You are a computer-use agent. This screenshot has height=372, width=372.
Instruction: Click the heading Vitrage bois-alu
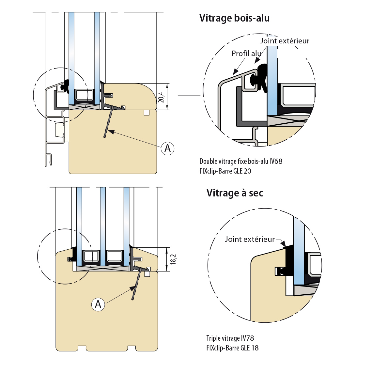click(234, 18)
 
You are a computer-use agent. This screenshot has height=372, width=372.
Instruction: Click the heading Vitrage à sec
click(235, 193)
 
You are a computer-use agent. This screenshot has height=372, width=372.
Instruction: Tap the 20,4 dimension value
click(162, 97)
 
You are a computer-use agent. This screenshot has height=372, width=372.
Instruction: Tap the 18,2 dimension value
click(173, 259)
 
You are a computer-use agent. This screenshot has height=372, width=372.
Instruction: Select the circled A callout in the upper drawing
click(167, 148)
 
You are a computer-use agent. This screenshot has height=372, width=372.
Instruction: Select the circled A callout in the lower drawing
click(98, 304)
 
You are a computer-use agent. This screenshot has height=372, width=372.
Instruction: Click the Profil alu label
click(246, 54)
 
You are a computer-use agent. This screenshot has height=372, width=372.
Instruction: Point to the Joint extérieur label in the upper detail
click(285, 41)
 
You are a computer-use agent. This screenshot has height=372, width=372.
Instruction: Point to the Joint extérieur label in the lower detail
click(250, 239)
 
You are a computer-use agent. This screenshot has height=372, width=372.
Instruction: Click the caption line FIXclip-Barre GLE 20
click(225, 171)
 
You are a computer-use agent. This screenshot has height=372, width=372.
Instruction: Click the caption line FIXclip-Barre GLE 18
click(232, 348)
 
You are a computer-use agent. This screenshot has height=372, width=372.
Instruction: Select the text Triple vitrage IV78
click(230, 338)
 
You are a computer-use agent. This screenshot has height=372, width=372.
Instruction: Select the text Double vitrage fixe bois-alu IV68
click(241, 161)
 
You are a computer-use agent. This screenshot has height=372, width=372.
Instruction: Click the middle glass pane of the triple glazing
click(103, 225)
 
